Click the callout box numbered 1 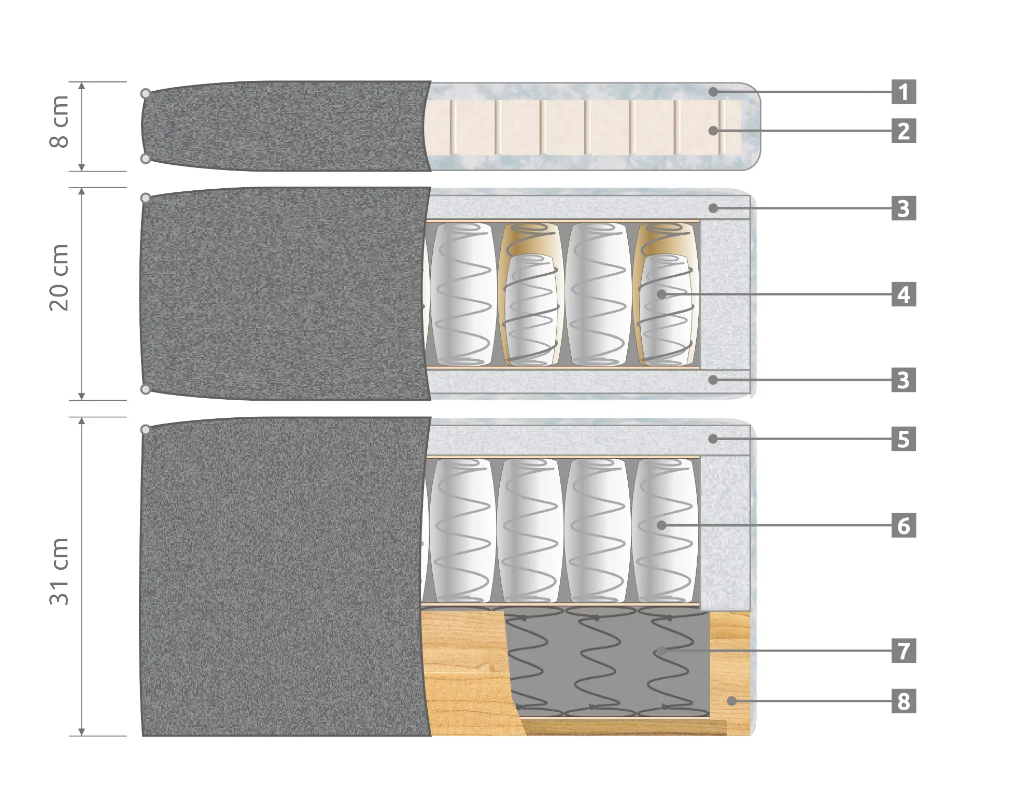pyautogui.click(x=904, y=92)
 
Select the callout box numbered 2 pyautogui.click(x=904, y=131)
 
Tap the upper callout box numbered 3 pyautogui.click(x=904, y=208)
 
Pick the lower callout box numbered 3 pyautogui.click(x=904, y=380)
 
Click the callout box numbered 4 pyautogui.click(x=904, y=294)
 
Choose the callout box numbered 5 pyautogui.click(x=904, y=439)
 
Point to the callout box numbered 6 pyautogui.click(x=904, y=526)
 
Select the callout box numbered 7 pyautogui.click(x=904, y=651)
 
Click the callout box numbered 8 pyautogui.click(x=904, y=701)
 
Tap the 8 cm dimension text pyautogui.click(x=59, y=122)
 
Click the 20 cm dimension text pyautogui.click(x=59, y=277)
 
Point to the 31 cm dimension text pyautogui.click(x=59, y=571)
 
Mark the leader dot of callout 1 pyautogui.click(x=713, y=92)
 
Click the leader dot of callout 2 pyautogui.click(x=713, y=131)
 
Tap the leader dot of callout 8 pyautogui.click(x=731, y=701)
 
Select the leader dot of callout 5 pyautogui.click(x=713, y=439)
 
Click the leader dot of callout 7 pyautogui.click(x=661, y=651)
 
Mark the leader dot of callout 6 pyautogui.click(x=661, y=526)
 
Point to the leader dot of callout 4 pyautogui.click(x=661, y=294)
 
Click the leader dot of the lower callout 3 pyautogui.click(x=713, y=380)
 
